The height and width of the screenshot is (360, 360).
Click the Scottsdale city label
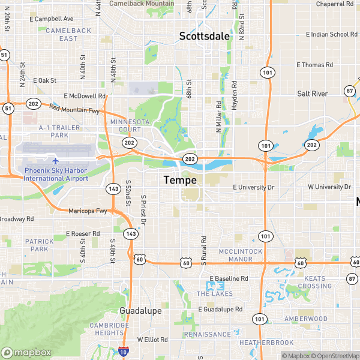[204, 36]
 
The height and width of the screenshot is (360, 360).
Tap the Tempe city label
[180, 180]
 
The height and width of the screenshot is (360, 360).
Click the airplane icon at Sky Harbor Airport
[56, 161]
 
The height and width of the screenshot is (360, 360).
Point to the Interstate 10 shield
[124, 352]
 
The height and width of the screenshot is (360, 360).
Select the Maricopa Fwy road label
[88, 211]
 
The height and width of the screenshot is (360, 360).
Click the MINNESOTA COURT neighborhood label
[130, 125]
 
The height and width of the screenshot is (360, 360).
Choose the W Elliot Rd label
[152, 340]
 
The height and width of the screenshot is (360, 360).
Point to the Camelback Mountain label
[142, 4]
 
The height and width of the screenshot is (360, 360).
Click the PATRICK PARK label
[40, 245]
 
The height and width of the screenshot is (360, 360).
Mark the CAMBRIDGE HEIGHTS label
[110, 329]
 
